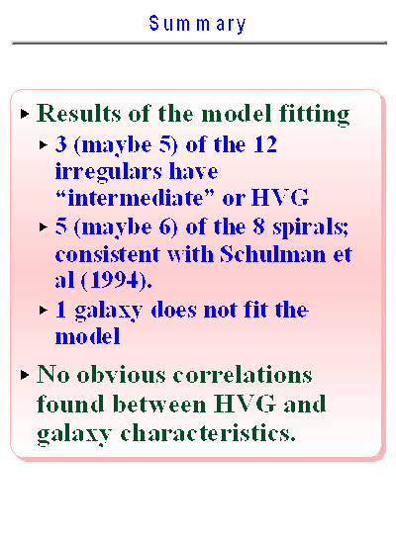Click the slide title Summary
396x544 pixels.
(198, 25)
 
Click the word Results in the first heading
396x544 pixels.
(79, 113)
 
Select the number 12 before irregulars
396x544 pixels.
(265, 144)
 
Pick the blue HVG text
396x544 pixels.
(279, 198)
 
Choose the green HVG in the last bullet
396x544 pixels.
(245, 404)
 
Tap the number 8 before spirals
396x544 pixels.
(258, 227)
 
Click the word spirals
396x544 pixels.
(310, 227)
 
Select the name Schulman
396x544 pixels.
(273, 254)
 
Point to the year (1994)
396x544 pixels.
(117, 280)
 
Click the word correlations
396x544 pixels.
(243, 375)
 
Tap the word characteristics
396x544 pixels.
(208, 432)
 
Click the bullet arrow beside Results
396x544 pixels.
(25, 114)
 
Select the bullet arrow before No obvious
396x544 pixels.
(25, 375)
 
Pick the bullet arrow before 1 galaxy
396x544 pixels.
(44, 310)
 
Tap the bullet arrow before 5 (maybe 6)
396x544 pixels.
(44, 227)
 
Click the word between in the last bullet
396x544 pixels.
(159, 404)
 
